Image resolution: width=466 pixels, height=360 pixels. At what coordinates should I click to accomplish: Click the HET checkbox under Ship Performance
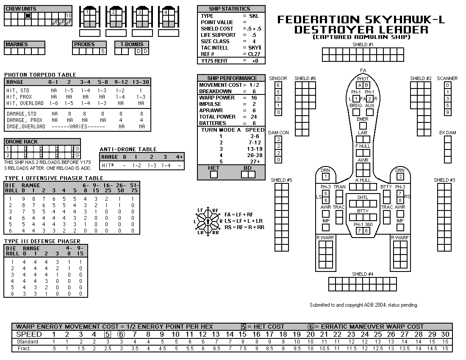coord(214,174)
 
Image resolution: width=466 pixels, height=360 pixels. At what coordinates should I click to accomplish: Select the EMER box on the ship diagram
coord(363,126)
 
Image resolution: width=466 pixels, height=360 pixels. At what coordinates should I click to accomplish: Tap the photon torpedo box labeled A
coord(360,85)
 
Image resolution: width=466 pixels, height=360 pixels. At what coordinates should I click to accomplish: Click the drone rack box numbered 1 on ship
coord(326,177)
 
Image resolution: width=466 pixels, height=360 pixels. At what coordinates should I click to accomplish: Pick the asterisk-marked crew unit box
coord(28,16)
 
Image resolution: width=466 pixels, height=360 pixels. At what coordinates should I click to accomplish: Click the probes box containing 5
coord(103,51)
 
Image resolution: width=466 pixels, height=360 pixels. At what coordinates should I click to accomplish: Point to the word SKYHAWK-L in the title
coord(405,20)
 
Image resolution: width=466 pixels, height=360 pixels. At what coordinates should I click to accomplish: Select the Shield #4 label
coord(363,274)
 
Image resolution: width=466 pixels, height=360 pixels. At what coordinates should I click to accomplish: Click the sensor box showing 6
coord(278,85)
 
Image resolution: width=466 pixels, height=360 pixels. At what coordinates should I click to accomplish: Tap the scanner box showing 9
coord(448,112)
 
